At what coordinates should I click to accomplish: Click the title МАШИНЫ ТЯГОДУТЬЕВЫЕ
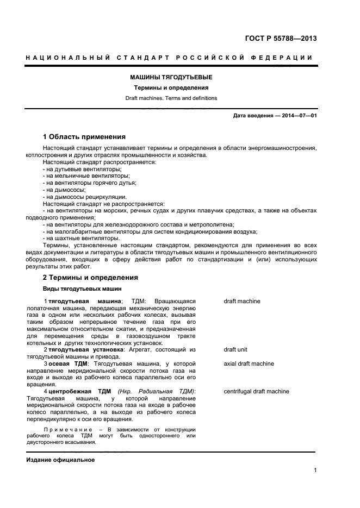[x=171, y=78]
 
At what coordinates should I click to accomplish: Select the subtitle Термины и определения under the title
[x=171, y=88]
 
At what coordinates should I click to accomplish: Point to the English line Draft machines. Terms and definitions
[x=171, y=98]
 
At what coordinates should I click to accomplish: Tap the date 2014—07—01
[x=297, y=116]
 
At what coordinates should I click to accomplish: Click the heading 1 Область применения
[x=84, y=136]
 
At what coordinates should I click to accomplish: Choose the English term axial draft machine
[x=249, y=363]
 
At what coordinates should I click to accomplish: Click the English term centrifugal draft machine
[x=256, y=391]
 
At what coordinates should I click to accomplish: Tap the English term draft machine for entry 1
[x=242, y=301]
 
